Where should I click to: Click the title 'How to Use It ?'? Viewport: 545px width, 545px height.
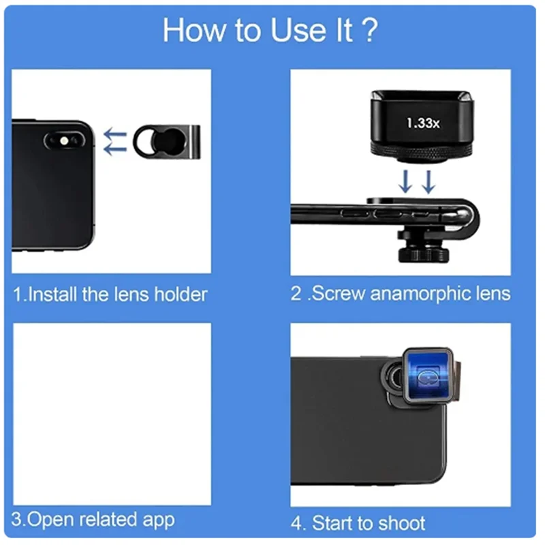pyautogui.click(x=270, y=31)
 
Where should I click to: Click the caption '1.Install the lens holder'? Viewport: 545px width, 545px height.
pyautogui.click(x=110, y=294)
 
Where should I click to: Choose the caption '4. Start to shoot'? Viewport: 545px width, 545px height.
pyautogui.click(x=358, y=523)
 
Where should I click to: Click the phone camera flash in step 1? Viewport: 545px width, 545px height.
pyautogui.click(x=65, y=140)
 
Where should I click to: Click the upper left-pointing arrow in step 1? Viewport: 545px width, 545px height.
pyautogui.click(x=115, y=134)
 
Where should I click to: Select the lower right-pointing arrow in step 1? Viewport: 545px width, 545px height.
pyautogui.click(x=115, y=149)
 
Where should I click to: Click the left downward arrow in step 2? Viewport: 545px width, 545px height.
pyautogui.click(x=407, y=181)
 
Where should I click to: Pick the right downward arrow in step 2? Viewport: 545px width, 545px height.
pyautogui.click(x=428, y=181)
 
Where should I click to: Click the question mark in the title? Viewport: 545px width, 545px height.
pyautogui.click(x=368, y=31)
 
